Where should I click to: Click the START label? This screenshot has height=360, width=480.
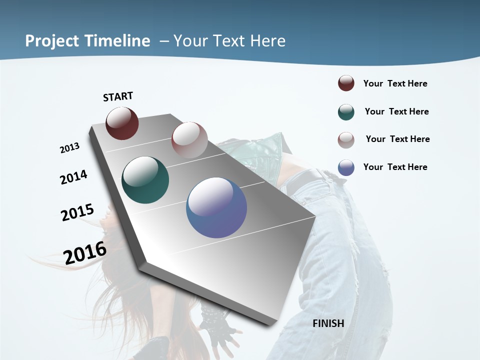point(118,96)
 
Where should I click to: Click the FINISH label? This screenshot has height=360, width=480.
point(328,323)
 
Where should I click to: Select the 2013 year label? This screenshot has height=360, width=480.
point(69,148)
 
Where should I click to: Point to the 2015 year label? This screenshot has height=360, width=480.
point(77,212)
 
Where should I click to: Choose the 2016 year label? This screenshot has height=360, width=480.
point(85,253)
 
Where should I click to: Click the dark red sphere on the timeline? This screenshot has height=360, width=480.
point(122,123)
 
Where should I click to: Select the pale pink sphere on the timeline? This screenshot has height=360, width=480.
point(189,139)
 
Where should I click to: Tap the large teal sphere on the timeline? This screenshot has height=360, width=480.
point(145,180)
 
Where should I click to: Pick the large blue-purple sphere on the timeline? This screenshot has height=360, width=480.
point(216,207)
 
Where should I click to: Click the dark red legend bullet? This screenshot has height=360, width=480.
point(346,83)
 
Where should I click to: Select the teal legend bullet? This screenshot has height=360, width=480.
point(346,112)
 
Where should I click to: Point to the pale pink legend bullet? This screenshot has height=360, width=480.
point(346,140)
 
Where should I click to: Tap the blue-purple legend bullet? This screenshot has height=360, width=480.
point(346,167)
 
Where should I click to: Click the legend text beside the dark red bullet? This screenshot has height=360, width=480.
point(395,84)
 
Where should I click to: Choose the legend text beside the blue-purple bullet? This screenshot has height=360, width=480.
point(395,167)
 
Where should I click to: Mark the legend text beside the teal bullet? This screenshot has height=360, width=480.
point(396,111)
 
